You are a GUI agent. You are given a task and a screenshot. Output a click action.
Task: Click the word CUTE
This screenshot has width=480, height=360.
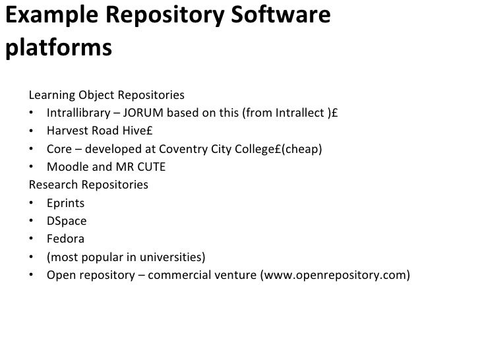(x=150, y=167)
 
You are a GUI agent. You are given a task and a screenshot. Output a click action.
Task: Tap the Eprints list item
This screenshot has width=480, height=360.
(x=65, y=202)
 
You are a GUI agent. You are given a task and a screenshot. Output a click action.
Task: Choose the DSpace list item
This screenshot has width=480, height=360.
(x=67, y=221)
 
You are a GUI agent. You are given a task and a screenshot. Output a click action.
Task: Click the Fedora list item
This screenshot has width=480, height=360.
(x=65, y=239)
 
